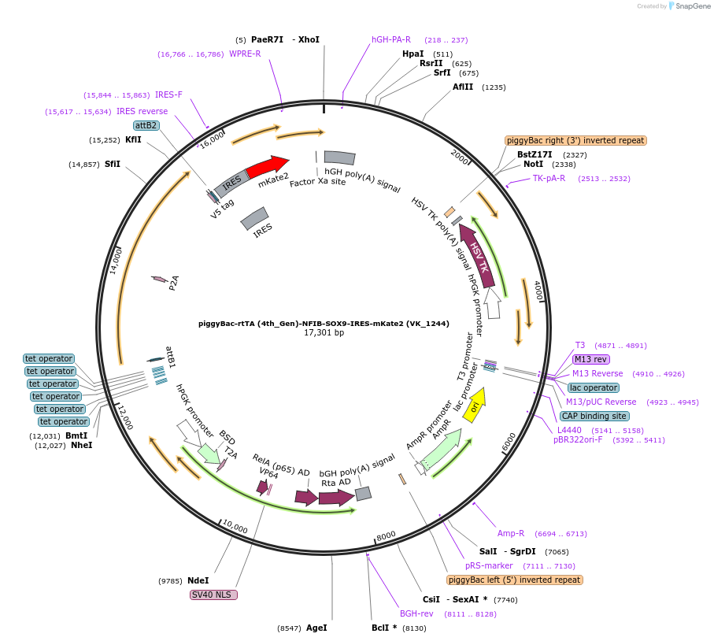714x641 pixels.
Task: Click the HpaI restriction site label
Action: click(x=412, y=54)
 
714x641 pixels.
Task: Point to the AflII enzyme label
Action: click(x=463, y=87)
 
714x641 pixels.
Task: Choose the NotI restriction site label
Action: click(x=533, y=165)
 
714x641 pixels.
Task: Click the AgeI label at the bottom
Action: click(x=316, y=628)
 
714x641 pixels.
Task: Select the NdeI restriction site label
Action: click(x=198, y=580)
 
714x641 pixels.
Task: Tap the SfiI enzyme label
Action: click(x=113, y=164)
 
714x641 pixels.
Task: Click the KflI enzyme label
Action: click(x=133, y=139)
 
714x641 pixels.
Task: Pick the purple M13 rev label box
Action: click(x=591, y=359)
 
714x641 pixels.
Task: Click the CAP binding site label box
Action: click(x=594, y=416)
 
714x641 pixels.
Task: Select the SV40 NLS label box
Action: click(x=213, y=595)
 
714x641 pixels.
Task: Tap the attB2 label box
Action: click(x=146, y=125)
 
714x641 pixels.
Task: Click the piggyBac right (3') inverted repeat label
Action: click(x=575, y=140)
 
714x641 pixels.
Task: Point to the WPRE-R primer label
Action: click(x=245, y=54)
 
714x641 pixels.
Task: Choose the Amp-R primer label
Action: click(x=510, y=533)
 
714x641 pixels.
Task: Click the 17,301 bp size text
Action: click(x=324, y=333)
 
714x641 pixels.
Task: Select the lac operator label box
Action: click(x=593, y=387)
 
